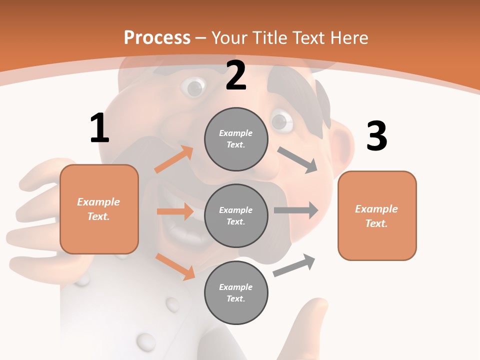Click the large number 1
click(x=99, y=128)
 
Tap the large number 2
click(x=236, y=76)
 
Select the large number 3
click(x=376, y=136)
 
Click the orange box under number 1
click(x=99, y=209)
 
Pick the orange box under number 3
click(x=377, y=215)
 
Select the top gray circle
click(x=236, y=139)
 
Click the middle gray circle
click(x=236, y=215)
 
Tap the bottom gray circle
click(x=236, y=292)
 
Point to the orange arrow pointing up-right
click(x=174, y=159)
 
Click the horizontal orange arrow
click(x=175, y=211)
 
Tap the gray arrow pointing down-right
click(x=297, y=160)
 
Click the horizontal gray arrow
click(x=296, y=210)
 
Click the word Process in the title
click(x=157, y=37)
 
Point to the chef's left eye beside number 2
click(x=193, y=87)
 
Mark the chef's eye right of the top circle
click(x=281, y=121)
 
